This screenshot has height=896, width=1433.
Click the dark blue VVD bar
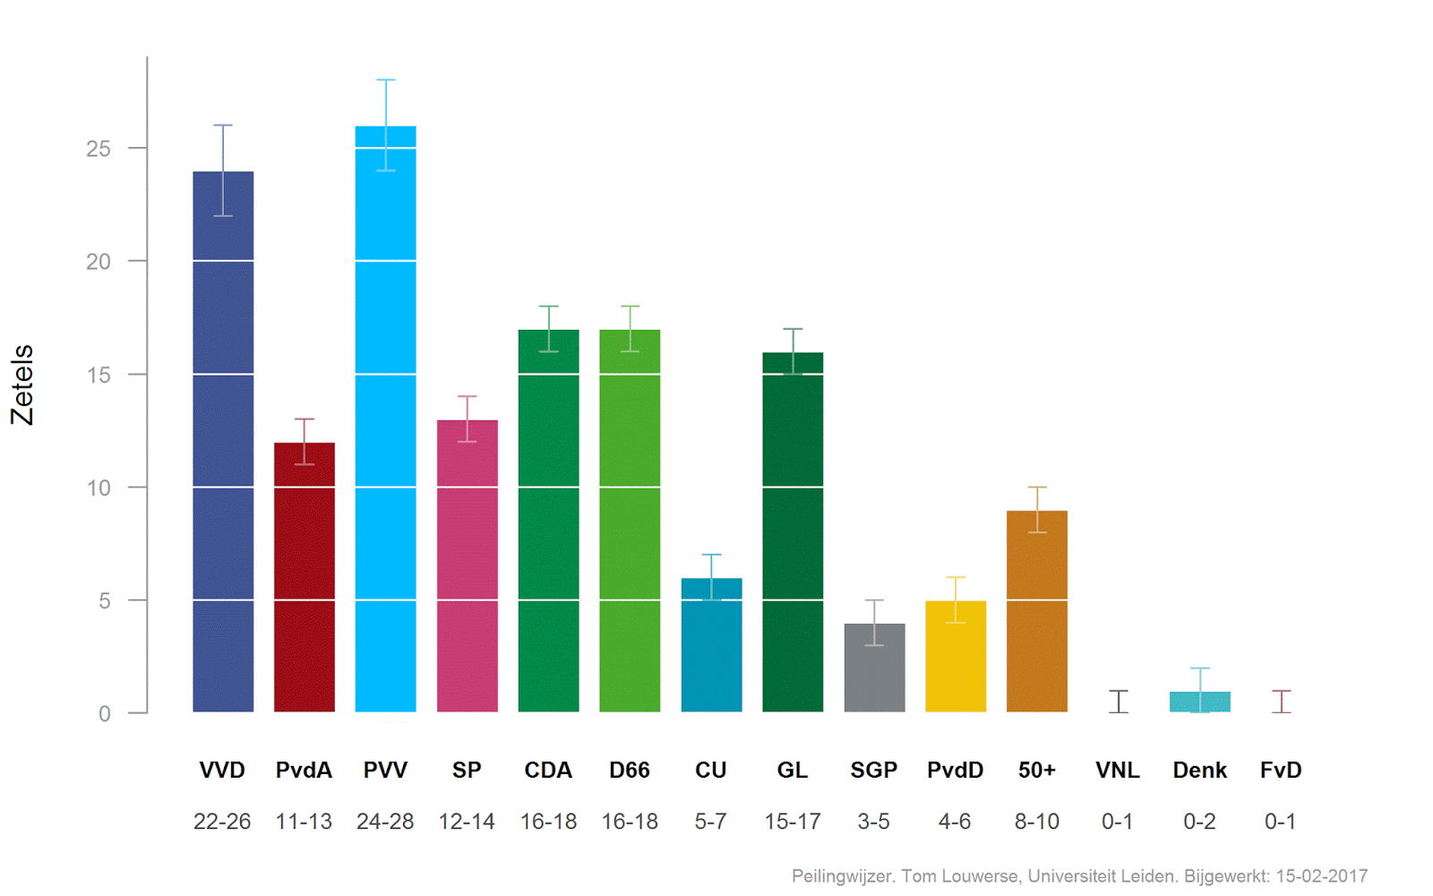(223, 448)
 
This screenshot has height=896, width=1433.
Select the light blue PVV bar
(385, 430)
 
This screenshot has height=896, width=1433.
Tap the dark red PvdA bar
(305, 582)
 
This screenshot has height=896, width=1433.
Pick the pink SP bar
(467, 573)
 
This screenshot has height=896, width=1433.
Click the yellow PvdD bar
(956, 659)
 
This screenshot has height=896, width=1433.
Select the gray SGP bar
(874, 672)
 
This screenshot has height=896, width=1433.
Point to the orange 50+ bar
(1037, 618)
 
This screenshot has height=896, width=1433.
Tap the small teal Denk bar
(1200, 702)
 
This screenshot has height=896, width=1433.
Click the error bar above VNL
(1119, 701)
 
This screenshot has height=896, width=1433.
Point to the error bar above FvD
(1282, 701)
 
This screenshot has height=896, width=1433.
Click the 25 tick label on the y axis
(99, 149)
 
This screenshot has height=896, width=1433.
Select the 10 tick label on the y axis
(99, 488)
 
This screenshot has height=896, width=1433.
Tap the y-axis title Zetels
(22, 384)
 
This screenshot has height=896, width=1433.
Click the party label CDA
(548, 771)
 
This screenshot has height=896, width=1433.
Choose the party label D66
(630, 771)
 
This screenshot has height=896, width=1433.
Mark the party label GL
(793, 771)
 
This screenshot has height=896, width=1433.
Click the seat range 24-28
(385, 822)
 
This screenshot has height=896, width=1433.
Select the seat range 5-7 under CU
(711, 822)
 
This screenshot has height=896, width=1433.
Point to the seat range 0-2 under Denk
(1200, 822)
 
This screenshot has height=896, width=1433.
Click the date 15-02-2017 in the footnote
(1321, 876)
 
